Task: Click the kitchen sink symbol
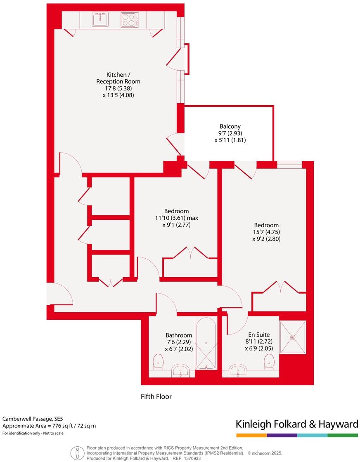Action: click(100, 20)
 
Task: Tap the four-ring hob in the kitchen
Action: click(129, 20)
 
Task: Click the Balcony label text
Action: click(230, 127)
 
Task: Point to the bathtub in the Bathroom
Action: click(206, 344)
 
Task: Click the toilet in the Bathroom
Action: click(158, 361)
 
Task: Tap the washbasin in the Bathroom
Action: click(180, 371)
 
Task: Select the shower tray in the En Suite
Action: click(293, 337)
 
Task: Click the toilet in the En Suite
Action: click(269, 361)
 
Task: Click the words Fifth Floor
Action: click(156, 397)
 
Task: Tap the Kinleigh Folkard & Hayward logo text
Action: click(297, 424)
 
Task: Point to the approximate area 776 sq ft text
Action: click(49, 426)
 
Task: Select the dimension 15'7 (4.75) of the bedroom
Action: click(266, 232)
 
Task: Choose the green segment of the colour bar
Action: click(343, 435)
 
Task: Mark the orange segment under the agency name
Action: click(251, 435)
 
